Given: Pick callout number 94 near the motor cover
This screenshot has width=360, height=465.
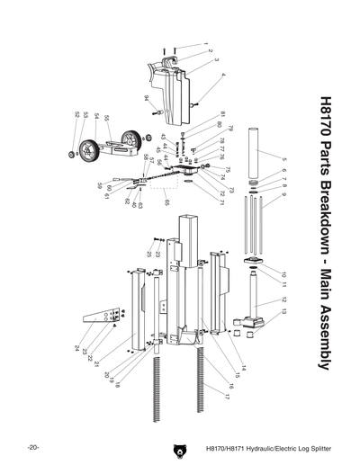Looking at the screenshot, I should pos(145,97).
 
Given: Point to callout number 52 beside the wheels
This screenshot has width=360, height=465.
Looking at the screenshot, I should pos(76,114).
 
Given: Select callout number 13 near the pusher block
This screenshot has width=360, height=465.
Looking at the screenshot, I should pos(283,309).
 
